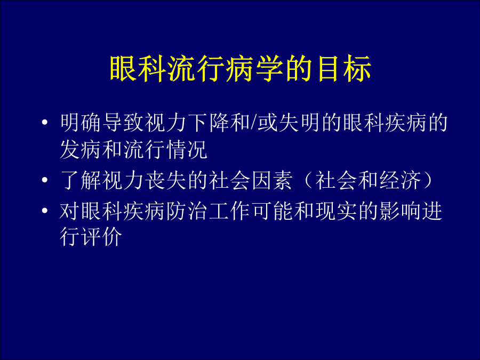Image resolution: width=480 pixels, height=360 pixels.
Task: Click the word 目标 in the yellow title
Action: tap(345, 69)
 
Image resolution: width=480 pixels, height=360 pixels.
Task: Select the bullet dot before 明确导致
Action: tap(45, 123)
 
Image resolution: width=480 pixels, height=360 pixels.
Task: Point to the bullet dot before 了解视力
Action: tap(45, 180)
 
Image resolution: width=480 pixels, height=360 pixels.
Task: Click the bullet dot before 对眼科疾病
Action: tap(45, 211)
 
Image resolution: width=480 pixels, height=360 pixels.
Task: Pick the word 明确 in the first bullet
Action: tap(81, 123)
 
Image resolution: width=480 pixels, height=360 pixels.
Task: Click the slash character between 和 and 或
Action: tap(254, 123)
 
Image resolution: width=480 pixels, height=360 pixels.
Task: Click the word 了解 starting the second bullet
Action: tap(81, 180)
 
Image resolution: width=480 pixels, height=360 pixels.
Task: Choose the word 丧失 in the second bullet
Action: tap(166, 180)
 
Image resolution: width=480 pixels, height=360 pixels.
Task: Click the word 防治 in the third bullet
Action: tap(187, 211)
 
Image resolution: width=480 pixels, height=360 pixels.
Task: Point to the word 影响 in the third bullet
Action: tap(400, 211)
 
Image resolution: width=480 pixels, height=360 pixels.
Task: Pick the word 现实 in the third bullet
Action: tap(336, 211)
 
